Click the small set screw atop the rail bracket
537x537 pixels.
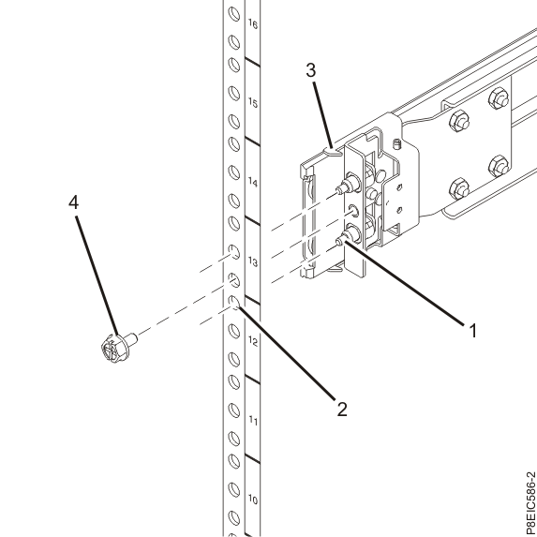[398, 144]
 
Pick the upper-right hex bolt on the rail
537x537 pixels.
[499, 98]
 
